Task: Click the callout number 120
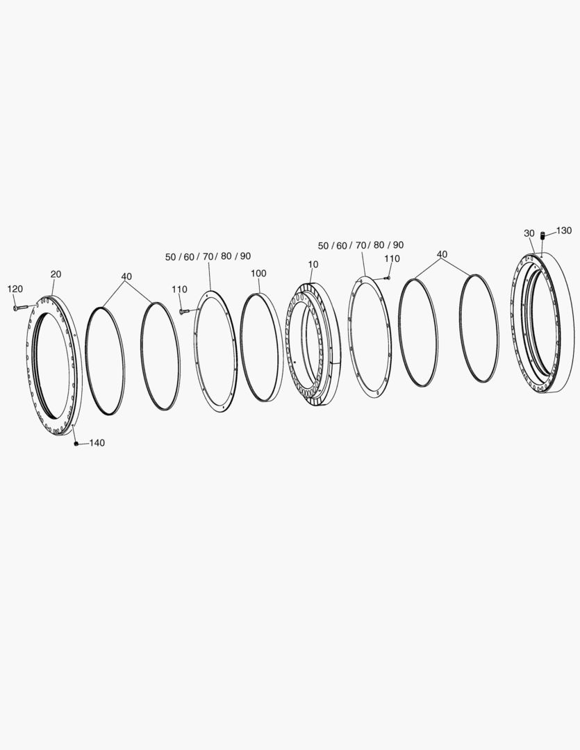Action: [15, 289]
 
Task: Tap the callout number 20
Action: [56, 274]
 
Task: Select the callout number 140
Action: [97, 443]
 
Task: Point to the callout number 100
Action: [258, 274]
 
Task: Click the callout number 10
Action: [313, 265]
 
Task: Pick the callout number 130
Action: [563, 231]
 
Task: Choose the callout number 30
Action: [529, 233]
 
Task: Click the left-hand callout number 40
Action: [126, 276]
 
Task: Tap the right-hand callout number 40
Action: [442, 254]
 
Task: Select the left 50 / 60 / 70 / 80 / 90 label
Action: [208, 256]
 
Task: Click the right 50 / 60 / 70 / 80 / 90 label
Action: [361, 245]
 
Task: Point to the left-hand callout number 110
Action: [180, 290]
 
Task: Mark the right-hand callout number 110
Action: [392, 258]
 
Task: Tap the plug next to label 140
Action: [76, 444]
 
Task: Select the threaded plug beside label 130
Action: [543, 238]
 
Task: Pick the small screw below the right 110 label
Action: [386, 277]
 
